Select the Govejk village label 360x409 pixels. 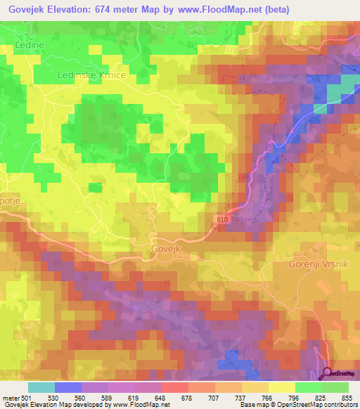pyautogui.click(x=167, y=249)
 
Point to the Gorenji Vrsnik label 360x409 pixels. pyautogui.click(x=318, y=264)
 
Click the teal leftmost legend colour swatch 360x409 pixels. pyautogui.click(x=41, y=387)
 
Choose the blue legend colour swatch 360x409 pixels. pyautogui.click(x=67, y=387)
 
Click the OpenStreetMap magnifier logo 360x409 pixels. pyautogui.click(x=328, y=373)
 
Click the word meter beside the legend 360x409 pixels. pyautogui.click(x=11, y=397)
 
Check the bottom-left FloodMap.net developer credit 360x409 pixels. pyautogui.click(x=91, y=405)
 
